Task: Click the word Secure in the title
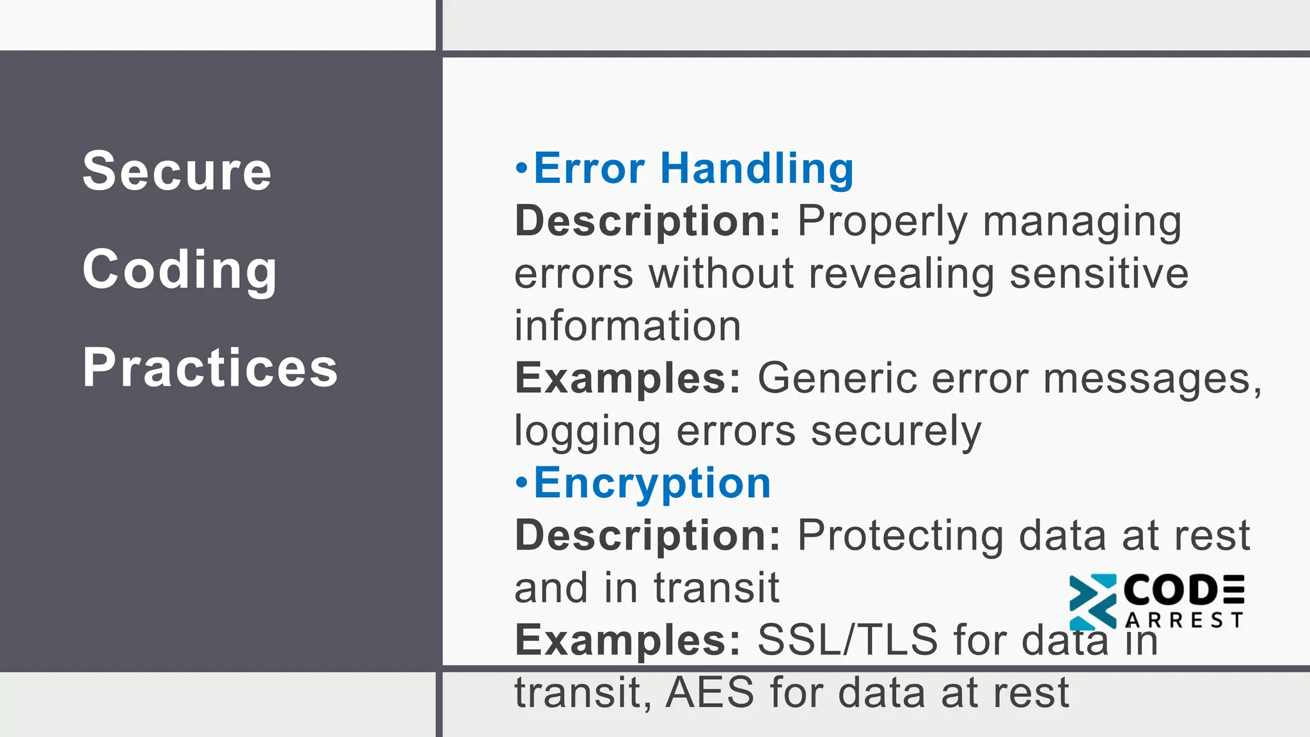[177, 171]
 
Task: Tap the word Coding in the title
[180, 270]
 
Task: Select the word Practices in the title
[210, 368]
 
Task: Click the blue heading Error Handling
[693, 168]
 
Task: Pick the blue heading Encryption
[652, 482]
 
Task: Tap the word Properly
[883, 221]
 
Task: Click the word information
[627, 326]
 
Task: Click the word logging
[587, 431]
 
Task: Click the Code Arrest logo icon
[1092, 602]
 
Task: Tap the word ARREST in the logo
[1183, 620]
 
